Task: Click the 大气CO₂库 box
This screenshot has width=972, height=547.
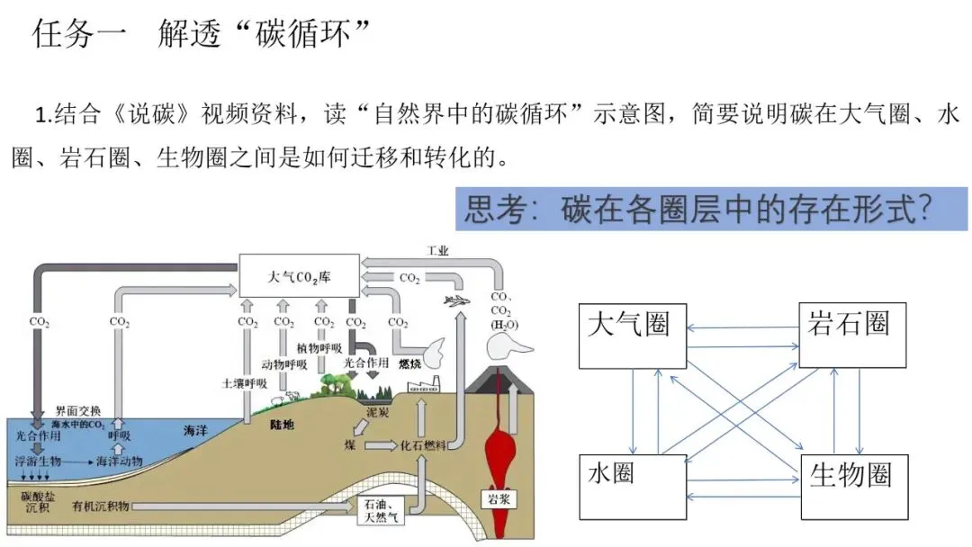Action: pyautogui.click(x=299, y=275)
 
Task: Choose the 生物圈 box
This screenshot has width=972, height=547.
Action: pyautogui.click(x=853, y=487)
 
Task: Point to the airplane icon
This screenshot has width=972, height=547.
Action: pyautogui.click(x=458, y=300)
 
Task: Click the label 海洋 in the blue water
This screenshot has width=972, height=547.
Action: pyautogui.click(x=195, y=431)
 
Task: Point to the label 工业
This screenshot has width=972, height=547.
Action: pyautogui.click(x=438, y=250)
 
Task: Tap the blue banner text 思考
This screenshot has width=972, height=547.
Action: pyautogui.click(x=503, y=209)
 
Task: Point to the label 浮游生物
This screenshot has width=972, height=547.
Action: pyautogui.click(x=38, y=461)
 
